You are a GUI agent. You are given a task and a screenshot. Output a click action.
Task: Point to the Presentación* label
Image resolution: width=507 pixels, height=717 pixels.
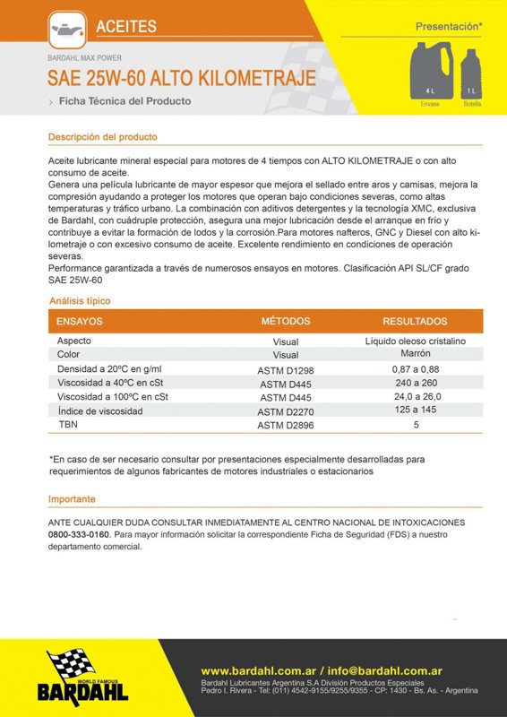[449, 28]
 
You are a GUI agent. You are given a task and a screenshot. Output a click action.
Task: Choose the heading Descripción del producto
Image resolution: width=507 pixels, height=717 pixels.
[102, 137]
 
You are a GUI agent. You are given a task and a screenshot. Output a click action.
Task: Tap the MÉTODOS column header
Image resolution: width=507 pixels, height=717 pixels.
[285, 321]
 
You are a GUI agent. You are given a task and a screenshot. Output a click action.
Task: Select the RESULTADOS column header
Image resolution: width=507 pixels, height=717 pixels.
[415, 321]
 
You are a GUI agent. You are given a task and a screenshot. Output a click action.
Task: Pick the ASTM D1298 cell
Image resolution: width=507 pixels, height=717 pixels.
[285, 369]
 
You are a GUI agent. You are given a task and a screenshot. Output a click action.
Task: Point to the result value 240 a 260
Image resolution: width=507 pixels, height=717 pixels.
[416, 383]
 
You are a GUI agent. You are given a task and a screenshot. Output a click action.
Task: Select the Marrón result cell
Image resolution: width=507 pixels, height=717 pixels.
[416, 354]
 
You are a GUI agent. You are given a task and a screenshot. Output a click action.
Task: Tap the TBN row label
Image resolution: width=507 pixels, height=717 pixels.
[67, 424]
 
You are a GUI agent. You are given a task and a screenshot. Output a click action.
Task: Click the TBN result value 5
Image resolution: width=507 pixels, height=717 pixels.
[416, 425]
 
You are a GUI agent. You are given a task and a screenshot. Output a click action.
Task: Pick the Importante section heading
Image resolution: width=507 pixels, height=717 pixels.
[72, 498]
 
